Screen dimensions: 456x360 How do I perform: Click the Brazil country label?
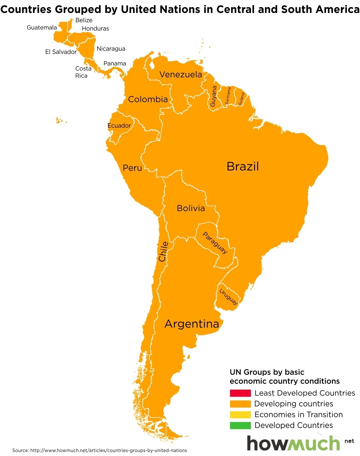tap(243, 167)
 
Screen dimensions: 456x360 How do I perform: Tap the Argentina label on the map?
tap(192, 324)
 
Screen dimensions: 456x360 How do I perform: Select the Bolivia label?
tap(190, 208)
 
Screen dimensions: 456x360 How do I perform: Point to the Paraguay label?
tap(215, 243)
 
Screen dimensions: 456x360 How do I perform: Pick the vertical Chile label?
tap(163, 251)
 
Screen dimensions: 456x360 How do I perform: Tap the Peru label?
tap(132, 168)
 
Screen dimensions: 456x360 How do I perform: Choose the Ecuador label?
tap(119, 126)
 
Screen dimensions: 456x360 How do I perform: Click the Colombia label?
tap(148, 99)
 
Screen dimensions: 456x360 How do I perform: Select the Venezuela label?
tap(180, 74)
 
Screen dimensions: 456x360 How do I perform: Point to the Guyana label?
tap(213, 96)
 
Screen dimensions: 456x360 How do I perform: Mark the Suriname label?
tap(228, 96)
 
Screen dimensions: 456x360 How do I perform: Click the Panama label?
tap(114, 63)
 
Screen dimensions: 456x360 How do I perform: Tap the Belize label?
tap(84, 20)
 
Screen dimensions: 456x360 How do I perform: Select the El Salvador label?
tap(61, 52)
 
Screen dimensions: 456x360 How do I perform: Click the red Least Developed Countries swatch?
tap(240, 393)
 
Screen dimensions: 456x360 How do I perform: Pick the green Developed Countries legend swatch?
tap(240, 425)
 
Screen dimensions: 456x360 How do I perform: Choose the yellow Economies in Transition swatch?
tap(240, 415)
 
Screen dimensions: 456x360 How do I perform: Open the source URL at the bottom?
tap(108, 450)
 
